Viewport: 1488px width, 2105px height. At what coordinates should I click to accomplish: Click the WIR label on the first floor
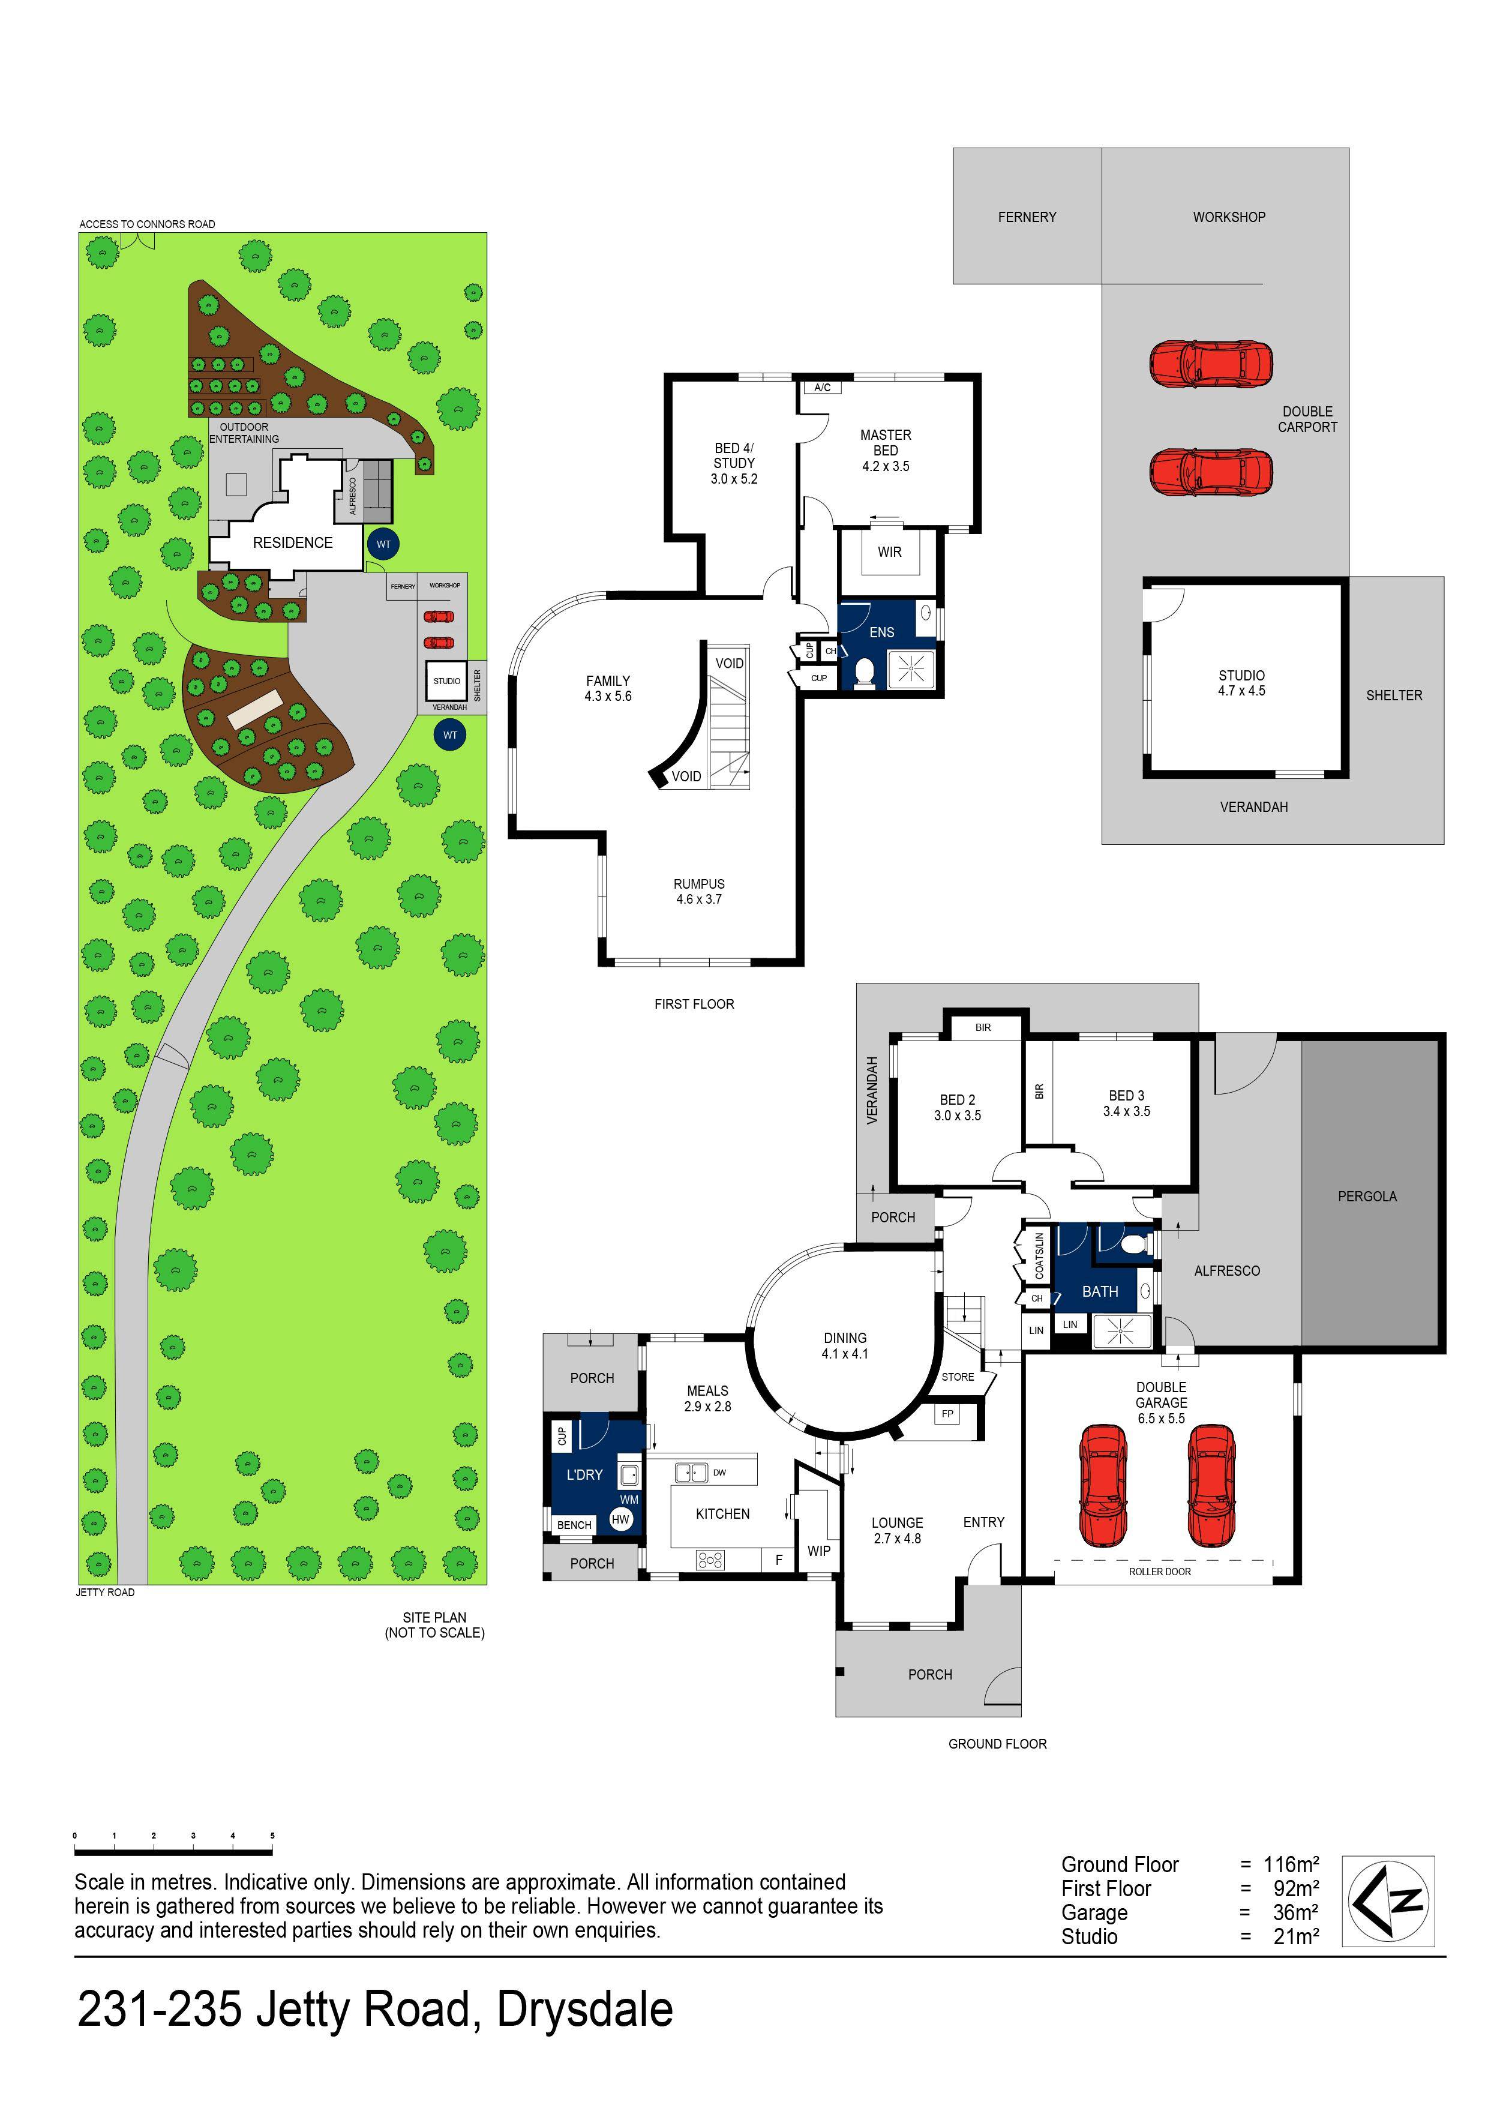(889, 552)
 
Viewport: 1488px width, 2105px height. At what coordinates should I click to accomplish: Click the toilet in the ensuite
(863, 672)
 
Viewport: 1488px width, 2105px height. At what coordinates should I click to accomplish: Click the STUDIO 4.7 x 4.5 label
(1241, 683)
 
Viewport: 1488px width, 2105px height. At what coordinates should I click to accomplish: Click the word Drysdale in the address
(585, 2009)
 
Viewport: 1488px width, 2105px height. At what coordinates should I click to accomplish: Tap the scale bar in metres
(174, 1851)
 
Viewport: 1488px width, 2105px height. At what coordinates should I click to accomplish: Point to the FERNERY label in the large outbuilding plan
(1027, 217)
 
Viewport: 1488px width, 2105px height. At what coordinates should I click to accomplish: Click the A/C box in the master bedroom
(823, 388)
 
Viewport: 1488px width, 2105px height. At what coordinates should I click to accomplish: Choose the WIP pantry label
(819, 1551)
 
